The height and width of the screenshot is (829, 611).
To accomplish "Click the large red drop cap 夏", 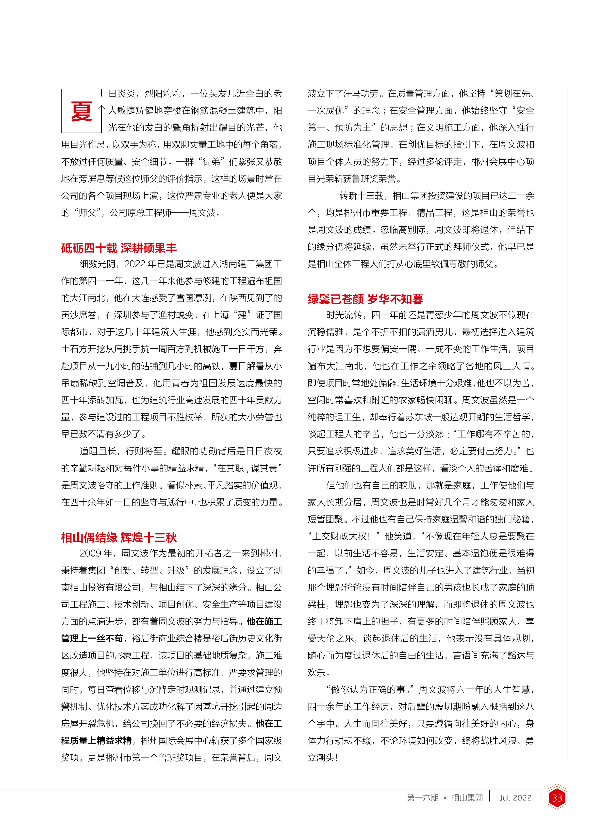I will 81,111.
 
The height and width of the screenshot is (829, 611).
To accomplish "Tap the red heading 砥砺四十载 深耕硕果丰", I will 119,248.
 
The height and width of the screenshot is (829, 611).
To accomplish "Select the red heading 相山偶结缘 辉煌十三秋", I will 119,537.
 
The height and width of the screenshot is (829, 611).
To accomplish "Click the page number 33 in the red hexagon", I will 557,798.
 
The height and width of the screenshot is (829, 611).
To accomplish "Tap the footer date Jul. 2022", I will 516,798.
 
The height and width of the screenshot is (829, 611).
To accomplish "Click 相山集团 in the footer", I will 467,798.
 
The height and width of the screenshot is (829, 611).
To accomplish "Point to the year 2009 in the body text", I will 90,553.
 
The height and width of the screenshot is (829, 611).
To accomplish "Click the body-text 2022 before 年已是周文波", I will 135,264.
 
